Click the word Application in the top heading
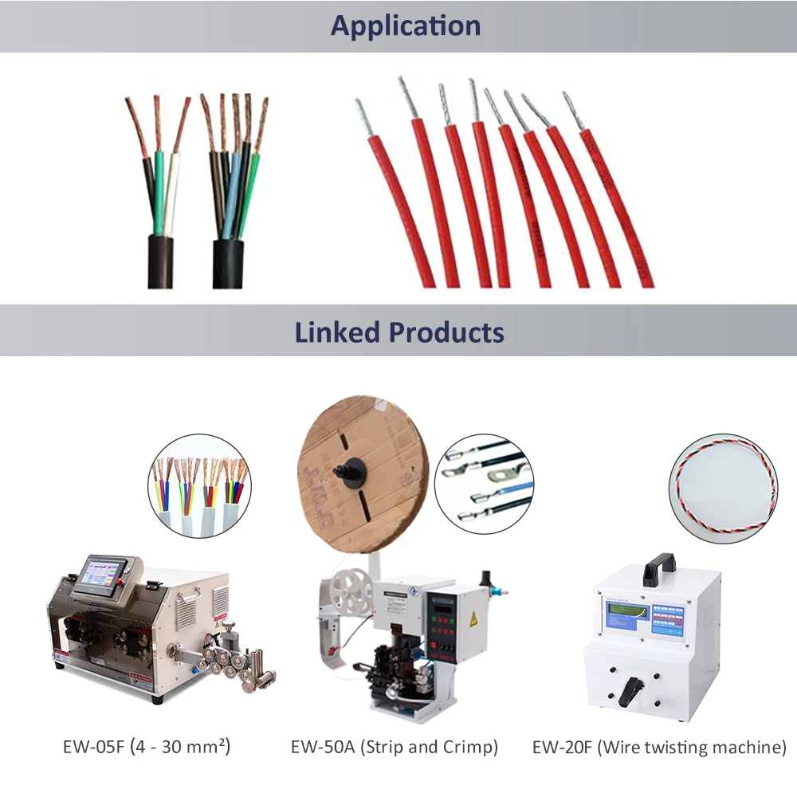tap(406, 26)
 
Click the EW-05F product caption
tap(147, 747)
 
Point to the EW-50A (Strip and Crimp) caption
tap(394, 747)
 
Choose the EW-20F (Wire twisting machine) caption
tap(659, 747)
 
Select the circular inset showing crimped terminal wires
tap(485, 484)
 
